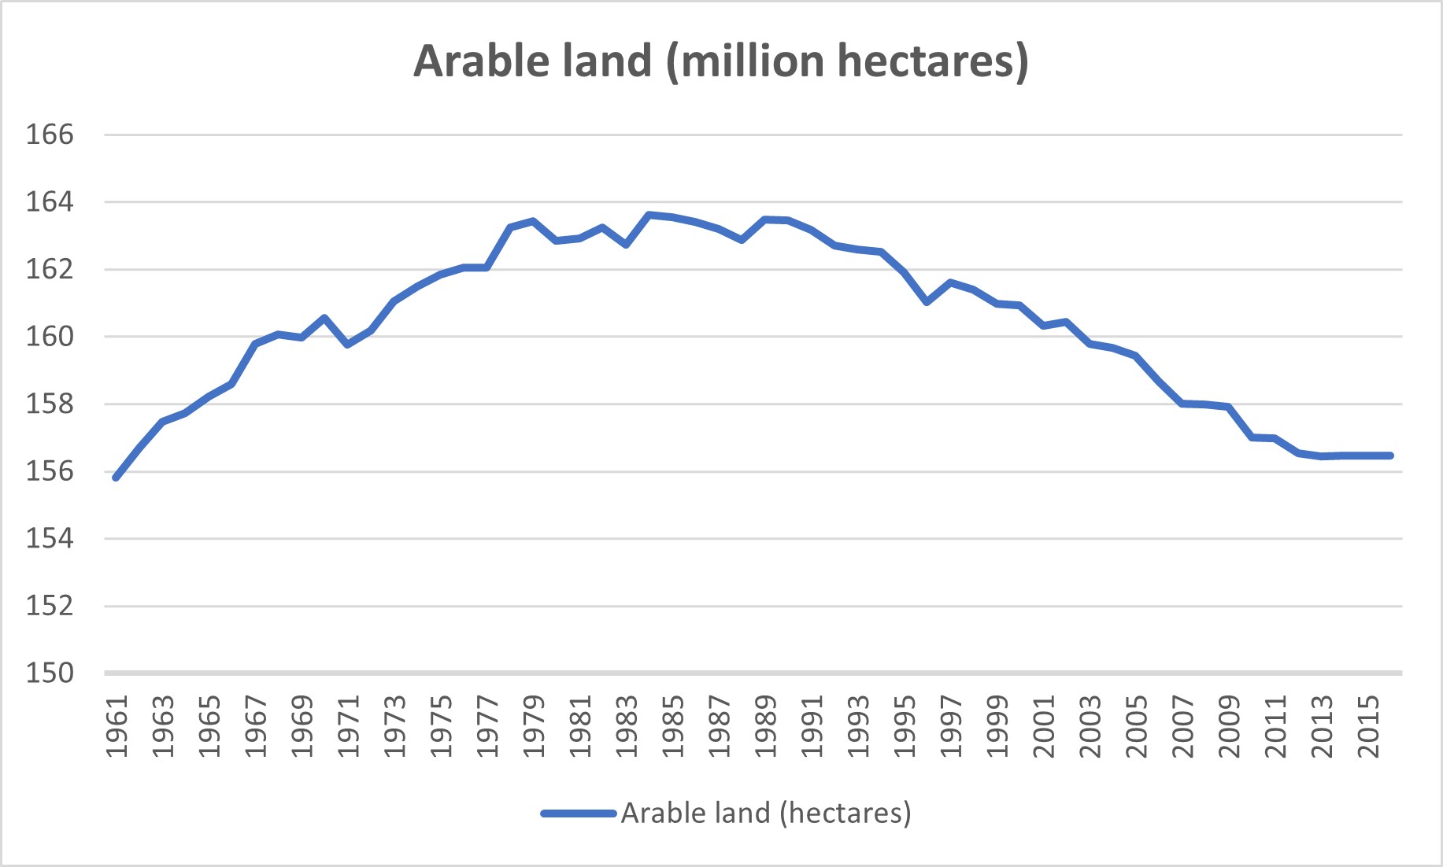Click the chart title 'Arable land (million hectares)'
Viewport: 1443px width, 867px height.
720,61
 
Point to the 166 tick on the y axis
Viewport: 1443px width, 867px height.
50,135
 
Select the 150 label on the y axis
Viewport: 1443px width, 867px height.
50,673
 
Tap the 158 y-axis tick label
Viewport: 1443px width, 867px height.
50,404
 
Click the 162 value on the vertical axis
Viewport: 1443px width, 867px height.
50,269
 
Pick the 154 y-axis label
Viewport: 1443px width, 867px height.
50,538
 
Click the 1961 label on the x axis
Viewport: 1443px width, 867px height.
117,726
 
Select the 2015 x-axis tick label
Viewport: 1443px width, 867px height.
1369,726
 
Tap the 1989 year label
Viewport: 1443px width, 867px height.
766,726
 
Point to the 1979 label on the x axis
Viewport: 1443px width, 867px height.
534,726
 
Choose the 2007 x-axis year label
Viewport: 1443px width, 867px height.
1183,726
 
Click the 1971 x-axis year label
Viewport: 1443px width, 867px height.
348,726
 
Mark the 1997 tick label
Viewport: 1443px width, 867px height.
951,726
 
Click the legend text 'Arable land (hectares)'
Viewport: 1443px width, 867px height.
766,813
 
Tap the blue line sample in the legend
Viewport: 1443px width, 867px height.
579,814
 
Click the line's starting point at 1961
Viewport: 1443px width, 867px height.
117,478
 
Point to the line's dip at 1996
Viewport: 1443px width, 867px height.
927,302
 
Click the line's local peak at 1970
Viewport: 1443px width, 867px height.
324,318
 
